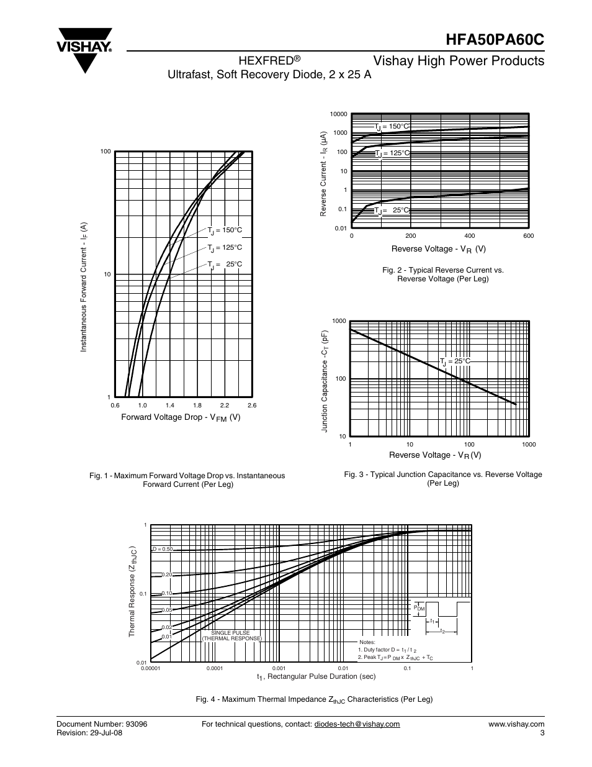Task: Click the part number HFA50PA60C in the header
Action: [x=495, y=38]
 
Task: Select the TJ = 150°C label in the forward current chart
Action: [x=225, y=230]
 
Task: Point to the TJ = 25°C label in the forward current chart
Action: [x=225, y=265]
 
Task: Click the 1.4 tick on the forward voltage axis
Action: [x=169, y=405]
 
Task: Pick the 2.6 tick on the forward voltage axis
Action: [x=252, y=405]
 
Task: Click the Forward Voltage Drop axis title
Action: [x=180, y=417]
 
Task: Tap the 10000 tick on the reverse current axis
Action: [x=339, y=114]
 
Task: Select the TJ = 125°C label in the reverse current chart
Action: [x=392, y=153]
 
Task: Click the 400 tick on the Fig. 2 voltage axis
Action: [x=469, y=236]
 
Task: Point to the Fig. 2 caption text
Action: [x=442, y=275]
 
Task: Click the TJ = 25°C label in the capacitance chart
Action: [x=455, y=361]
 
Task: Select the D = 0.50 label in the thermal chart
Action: [x=163, y=550]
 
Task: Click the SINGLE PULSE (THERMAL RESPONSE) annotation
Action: [x=231, y=635]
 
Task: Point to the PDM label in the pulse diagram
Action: [x=419, y=608]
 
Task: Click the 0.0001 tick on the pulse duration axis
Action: [x=215, y=669]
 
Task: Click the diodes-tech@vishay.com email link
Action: [x=357, y=724]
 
